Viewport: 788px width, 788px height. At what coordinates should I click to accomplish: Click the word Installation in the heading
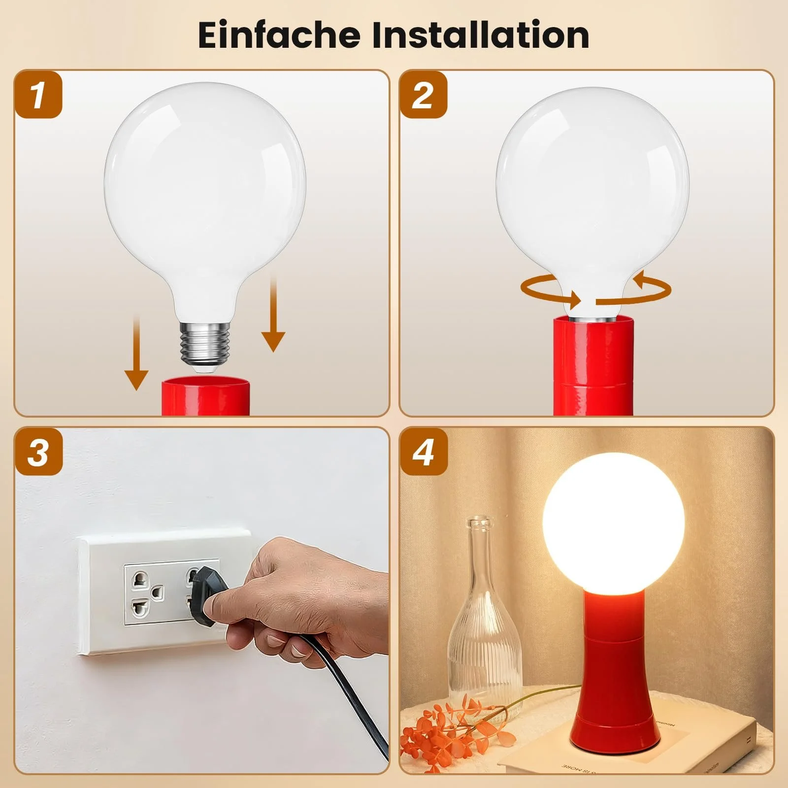[x=480, y=35]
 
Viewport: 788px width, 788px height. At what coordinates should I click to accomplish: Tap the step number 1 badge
[x=39, y=95]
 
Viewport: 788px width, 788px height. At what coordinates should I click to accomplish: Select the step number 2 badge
[x=423, y=95]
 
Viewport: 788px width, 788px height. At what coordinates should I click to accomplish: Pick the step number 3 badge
[x=39, y=452]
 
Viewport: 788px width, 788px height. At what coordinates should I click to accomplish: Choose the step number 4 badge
[x=423, y=452]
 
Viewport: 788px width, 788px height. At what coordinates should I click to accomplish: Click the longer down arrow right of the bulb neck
[x=273, y=314]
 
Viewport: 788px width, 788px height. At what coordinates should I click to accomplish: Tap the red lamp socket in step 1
[x=206, y=396]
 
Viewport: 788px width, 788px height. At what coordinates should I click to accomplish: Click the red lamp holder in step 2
[x=593, y=366]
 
